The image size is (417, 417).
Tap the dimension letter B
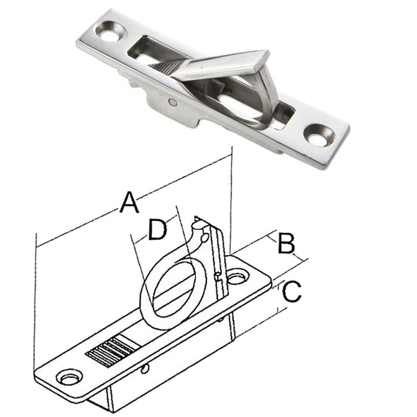click(287, 243)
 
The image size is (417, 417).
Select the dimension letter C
click(290, 293)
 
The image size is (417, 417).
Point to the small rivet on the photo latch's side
click(172, 101)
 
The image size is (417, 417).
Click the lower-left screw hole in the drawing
click(69, 378)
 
